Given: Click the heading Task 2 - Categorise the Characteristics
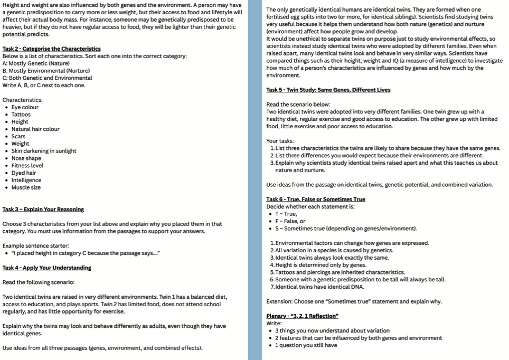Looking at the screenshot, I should click(x=51, y=49).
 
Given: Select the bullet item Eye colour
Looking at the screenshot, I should click(x=25, y=107).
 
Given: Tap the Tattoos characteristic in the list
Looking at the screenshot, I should click(x=21, y=115).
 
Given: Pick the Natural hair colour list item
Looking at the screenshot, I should click(x=35, y=129).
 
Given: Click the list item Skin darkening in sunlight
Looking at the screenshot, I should click(x=44, y=151).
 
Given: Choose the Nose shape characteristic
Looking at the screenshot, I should click(x=26, y=158).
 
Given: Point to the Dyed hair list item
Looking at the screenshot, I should click(x=24, y=173).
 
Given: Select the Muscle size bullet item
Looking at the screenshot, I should click(x=26, y=187).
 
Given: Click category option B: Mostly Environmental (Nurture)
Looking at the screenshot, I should click(x=46, y=70).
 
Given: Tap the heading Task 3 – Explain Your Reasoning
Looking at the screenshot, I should click(x=43, y=210).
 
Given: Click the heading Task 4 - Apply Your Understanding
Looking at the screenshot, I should click(x=46, y=268).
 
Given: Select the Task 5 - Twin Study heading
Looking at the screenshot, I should click(x=328, y=90).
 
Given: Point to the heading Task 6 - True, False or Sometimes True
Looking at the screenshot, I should click(x=315, y=199).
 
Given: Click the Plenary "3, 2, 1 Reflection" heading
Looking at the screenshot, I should click(x=302, y=316).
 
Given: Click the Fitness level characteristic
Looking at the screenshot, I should click(x=27, y=166).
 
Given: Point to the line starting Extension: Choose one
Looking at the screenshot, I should click(x=354, y=301).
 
